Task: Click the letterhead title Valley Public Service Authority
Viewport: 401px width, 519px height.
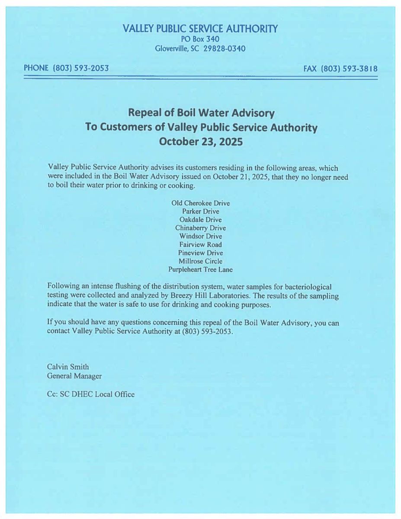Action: (200, 29)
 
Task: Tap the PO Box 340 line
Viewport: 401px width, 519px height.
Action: (200, 39)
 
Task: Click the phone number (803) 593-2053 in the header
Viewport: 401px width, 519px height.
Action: (80, 68)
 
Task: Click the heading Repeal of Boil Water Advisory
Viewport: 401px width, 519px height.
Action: (201, 113)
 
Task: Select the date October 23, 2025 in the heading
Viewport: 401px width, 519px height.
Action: (201, 142)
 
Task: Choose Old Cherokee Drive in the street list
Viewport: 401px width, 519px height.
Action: (200, 203)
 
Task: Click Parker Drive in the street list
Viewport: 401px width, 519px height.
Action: (200, 211)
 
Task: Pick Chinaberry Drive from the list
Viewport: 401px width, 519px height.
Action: (200, 228)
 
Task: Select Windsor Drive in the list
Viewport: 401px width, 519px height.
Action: (200, 236)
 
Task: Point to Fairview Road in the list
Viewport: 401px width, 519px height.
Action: (200, 244)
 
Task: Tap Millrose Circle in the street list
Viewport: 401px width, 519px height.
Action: (200, 261)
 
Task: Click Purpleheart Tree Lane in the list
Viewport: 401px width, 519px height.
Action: (200, 269)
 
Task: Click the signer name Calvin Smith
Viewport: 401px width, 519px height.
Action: (68, 367)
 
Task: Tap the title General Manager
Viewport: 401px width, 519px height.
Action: (74, 376)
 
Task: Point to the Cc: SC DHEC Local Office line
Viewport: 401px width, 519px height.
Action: (91, 394)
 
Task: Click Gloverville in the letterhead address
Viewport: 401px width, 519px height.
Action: (171, 48)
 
